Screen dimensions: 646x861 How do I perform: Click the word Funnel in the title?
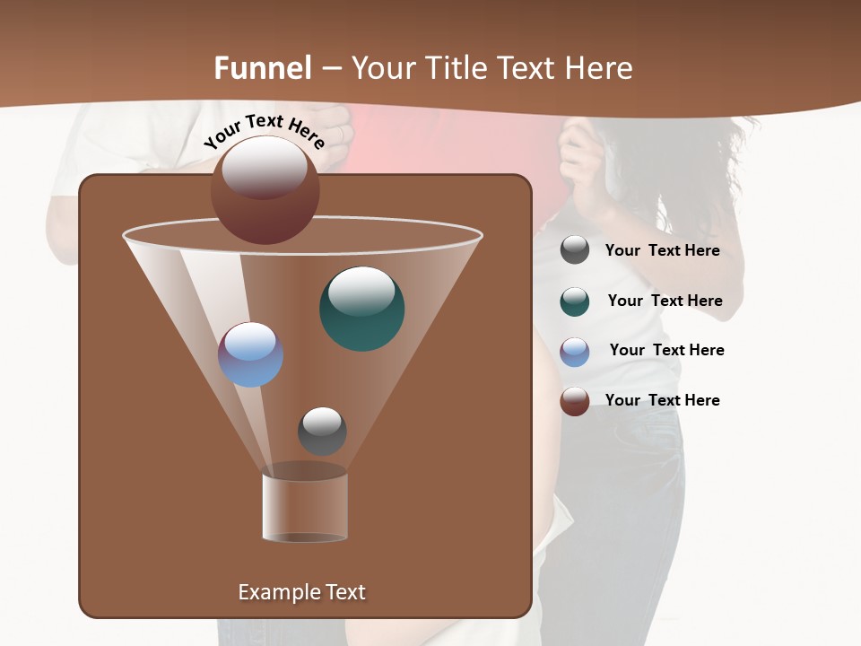[x=262, y=68]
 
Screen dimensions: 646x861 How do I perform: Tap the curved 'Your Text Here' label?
[x=264, y=130]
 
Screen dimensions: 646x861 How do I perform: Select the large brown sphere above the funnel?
[x=265, y=189]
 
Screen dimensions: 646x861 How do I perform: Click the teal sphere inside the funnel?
[x=361, y=308]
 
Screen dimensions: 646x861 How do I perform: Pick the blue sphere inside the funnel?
[x=250, y=354]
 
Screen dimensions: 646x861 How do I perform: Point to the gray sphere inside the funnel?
[x=322, y=431]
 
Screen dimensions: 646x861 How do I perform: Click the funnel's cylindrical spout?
[x=305, y=507]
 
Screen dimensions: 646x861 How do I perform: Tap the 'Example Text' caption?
[x=301, y=592]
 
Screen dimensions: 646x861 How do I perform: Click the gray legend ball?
[x=575, y=250]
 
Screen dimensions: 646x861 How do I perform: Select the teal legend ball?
[x=575, y=301]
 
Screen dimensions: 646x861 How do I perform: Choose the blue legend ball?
[x=575, y=352]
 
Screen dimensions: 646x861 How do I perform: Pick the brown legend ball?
[x=575, y=401]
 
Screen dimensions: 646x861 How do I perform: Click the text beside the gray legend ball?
[x=662, y=251]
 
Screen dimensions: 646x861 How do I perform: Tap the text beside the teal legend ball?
[x=665, y=301]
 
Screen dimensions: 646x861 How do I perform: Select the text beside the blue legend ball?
[x=666, y=351]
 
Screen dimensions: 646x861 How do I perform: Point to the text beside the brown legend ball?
[x=662, y=401]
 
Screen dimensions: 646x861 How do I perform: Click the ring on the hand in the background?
[x=341, y=134]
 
